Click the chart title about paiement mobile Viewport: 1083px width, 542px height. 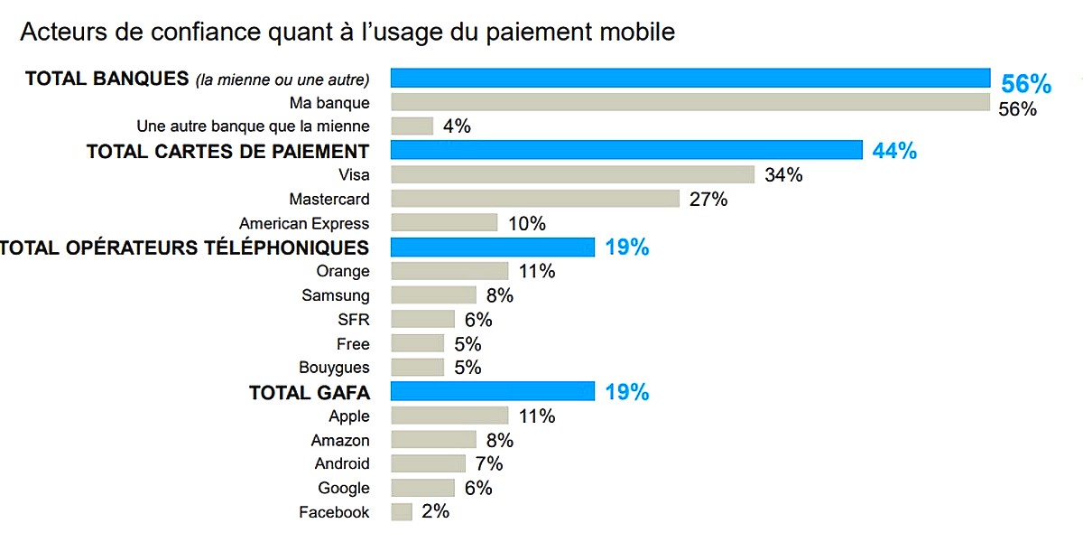tap(347, 33)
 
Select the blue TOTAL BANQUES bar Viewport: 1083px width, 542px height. tap(690, 79)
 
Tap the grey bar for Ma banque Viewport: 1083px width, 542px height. tap(690, 103)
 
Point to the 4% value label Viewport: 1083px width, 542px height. tap(457, 126)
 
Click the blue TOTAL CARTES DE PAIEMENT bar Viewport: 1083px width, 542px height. tap(626, 151)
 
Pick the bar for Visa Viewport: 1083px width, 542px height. tap(572, 174)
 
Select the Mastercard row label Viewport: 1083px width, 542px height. tap(329, 199)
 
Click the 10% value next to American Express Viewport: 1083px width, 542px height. tap(526, 223)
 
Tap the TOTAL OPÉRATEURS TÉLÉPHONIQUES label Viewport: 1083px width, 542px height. tap(184, 248)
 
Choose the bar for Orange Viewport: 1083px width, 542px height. tap(449, 271)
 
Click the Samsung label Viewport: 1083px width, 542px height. tap(336, 295)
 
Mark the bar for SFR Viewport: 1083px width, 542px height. tap(422, 319)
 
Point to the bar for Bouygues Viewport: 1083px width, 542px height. tap(417, 368)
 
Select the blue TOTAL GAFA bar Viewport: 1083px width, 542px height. tap(492, 391)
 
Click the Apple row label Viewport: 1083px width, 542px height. tap(349, 416)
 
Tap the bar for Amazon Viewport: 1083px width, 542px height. tap(433, 440)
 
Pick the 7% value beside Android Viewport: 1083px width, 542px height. tap(489, 464)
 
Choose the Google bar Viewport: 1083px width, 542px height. tap(422, 488)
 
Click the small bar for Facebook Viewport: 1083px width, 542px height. tap(402, 512)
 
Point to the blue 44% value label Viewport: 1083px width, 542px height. tap(894, 152)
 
